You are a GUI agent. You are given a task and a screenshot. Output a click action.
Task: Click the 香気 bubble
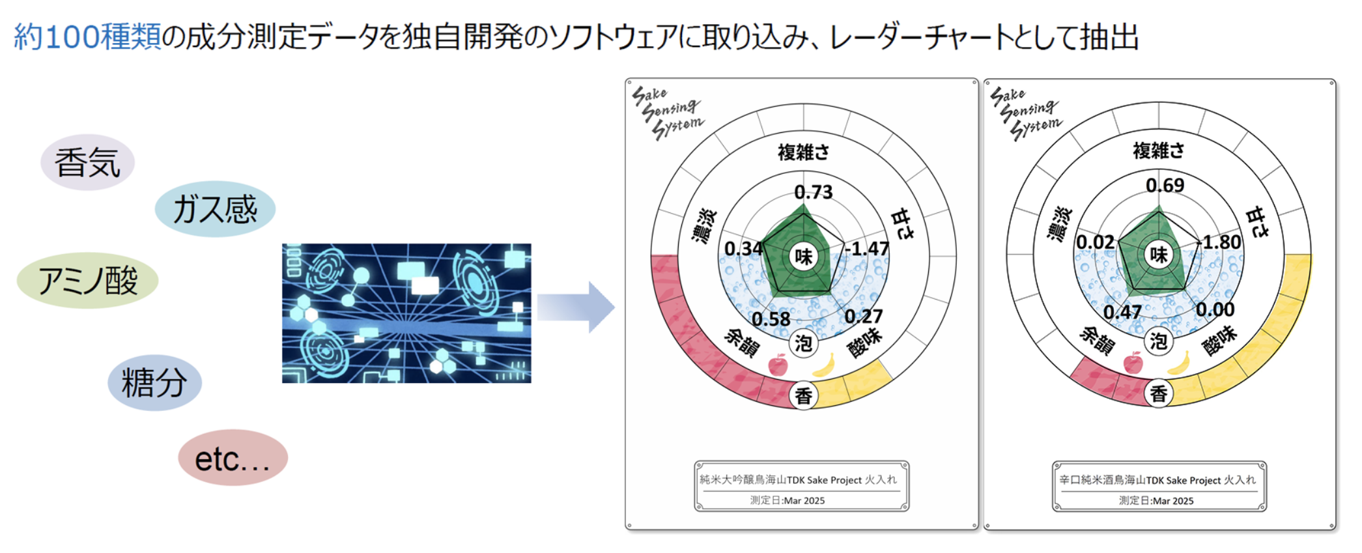coord(87,162)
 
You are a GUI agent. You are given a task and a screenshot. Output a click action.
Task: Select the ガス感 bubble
coord(215,209)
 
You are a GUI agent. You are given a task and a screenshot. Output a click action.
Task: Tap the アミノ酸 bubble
coord(87,281)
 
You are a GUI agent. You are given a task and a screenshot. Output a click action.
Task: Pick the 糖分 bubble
coord(154,382)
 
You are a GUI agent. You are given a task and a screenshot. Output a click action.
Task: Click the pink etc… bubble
coord(233,458)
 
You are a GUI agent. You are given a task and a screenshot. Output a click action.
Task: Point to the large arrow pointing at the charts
coord(576,307)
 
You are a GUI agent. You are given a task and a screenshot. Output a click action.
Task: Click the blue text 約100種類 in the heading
coord(87,36)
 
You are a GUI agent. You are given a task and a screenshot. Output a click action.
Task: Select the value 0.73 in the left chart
coord(814,191)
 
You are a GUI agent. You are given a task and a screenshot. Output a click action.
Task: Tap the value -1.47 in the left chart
coord(867,248)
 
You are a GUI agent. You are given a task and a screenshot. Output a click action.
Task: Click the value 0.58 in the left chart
coord(771,319)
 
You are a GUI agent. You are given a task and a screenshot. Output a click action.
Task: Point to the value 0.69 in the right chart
coord(1165,185)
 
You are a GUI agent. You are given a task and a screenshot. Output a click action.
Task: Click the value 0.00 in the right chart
coord(1215,309)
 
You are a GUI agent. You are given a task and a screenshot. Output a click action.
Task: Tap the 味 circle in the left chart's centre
coord(804,256)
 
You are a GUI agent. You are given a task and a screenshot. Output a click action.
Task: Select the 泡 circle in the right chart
coord(1159,341)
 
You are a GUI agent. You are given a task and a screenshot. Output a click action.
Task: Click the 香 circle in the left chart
coord(804,395)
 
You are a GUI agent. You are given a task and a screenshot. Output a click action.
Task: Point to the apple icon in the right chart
coord(1133,362)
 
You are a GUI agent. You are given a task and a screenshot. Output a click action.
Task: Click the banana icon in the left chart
coord(824,365)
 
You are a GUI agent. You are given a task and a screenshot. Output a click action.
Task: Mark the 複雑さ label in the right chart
coord(1159,151)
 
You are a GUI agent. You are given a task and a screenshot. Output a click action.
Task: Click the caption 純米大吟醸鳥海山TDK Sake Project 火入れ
coord(798,480)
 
